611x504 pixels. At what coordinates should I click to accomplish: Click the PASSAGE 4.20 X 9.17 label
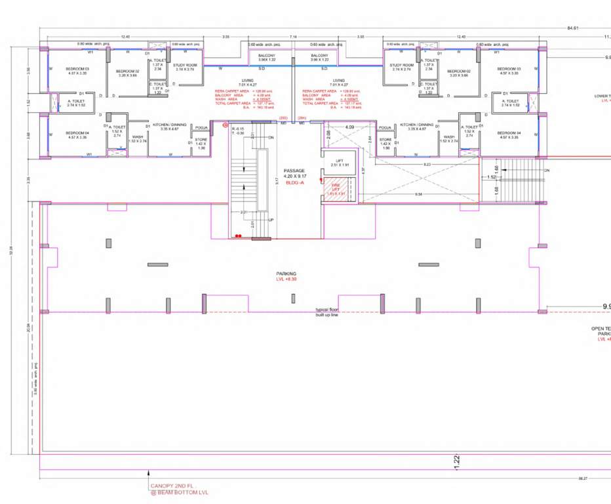pos(294,173)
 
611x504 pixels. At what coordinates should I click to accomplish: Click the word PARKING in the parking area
pos(286,274)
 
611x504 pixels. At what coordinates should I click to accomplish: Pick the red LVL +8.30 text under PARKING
pos(286,280)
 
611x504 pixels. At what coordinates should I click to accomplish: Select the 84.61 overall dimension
pos(572,28)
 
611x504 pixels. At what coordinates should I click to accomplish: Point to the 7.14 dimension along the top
pos(293,37)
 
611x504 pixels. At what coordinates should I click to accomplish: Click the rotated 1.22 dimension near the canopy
pos(456,461)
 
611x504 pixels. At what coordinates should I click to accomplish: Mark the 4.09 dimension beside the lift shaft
pos(349,127)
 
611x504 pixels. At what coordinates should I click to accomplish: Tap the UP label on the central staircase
pos(271,220)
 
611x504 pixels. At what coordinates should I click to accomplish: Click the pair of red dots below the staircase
pos(239,235)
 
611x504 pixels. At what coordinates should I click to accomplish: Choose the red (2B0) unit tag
pos(283,117)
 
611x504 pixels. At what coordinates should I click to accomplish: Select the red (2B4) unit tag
pos(302,117)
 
